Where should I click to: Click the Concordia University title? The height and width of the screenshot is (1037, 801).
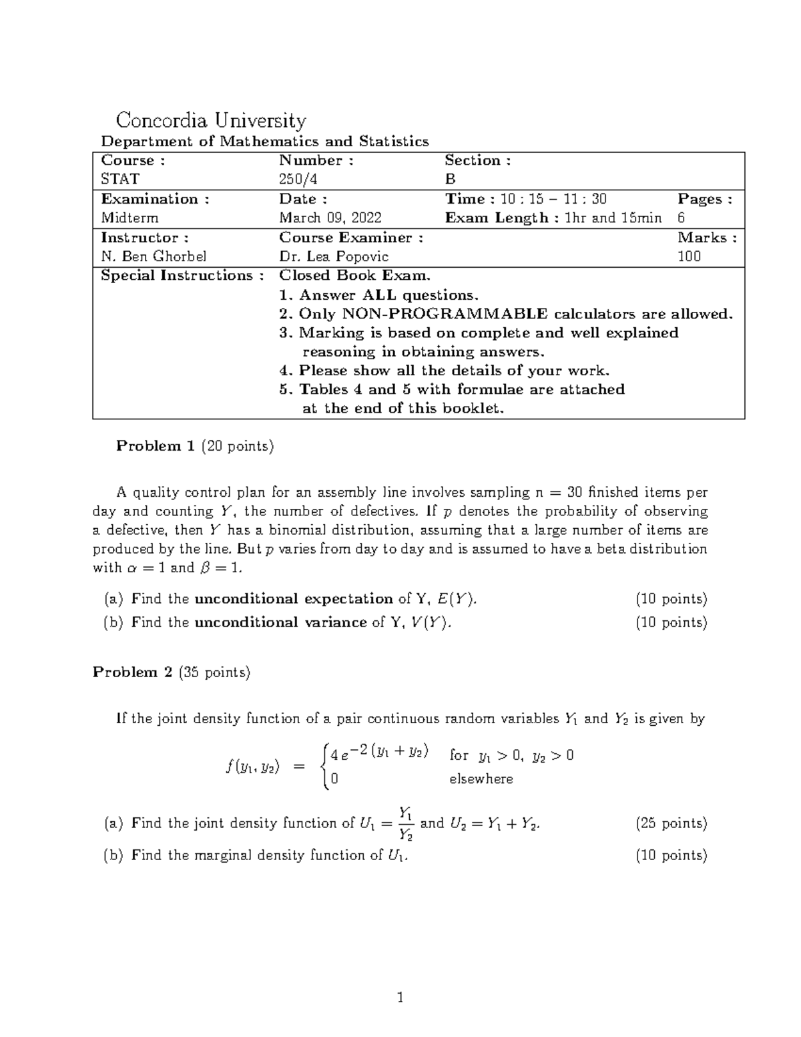[x=211, y=121]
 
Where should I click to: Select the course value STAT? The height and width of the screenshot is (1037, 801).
[x=120, y=179]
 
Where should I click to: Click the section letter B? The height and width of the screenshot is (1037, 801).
[x=451, y=179]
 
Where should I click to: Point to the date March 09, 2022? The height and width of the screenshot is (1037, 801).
[x=330, y=218]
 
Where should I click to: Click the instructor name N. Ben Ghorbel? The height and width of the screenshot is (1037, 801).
[x=154, y=256]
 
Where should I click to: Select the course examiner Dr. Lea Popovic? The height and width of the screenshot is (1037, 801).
[x=334, y=256]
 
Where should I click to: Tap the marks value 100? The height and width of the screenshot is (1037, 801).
[x=689, y=256]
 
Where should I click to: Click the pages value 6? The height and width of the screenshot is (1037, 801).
[x=681, y=218]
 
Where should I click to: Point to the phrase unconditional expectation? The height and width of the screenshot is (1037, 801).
[x=293, y=599]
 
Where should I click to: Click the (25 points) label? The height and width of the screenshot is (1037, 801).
[x=671, y=823]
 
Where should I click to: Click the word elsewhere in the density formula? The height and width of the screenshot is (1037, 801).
[x=481, y=779]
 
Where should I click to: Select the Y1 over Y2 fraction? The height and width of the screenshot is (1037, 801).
[x=405, y=823]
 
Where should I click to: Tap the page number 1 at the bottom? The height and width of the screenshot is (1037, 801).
[x=400, y=998]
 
